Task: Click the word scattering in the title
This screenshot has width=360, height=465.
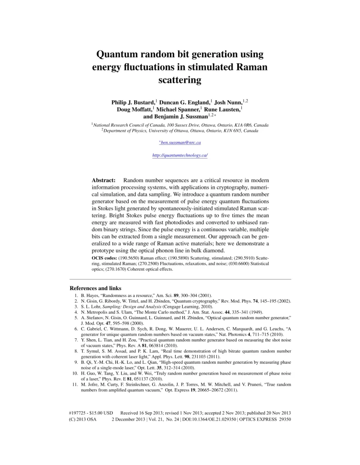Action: [x=180, y=80]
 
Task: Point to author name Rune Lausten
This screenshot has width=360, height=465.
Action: [x=222, y=109]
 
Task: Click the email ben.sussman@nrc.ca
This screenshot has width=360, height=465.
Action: [x=180, y=143]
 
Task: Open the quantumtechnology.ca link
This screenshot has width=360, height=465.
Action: [x=180, y=155]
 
